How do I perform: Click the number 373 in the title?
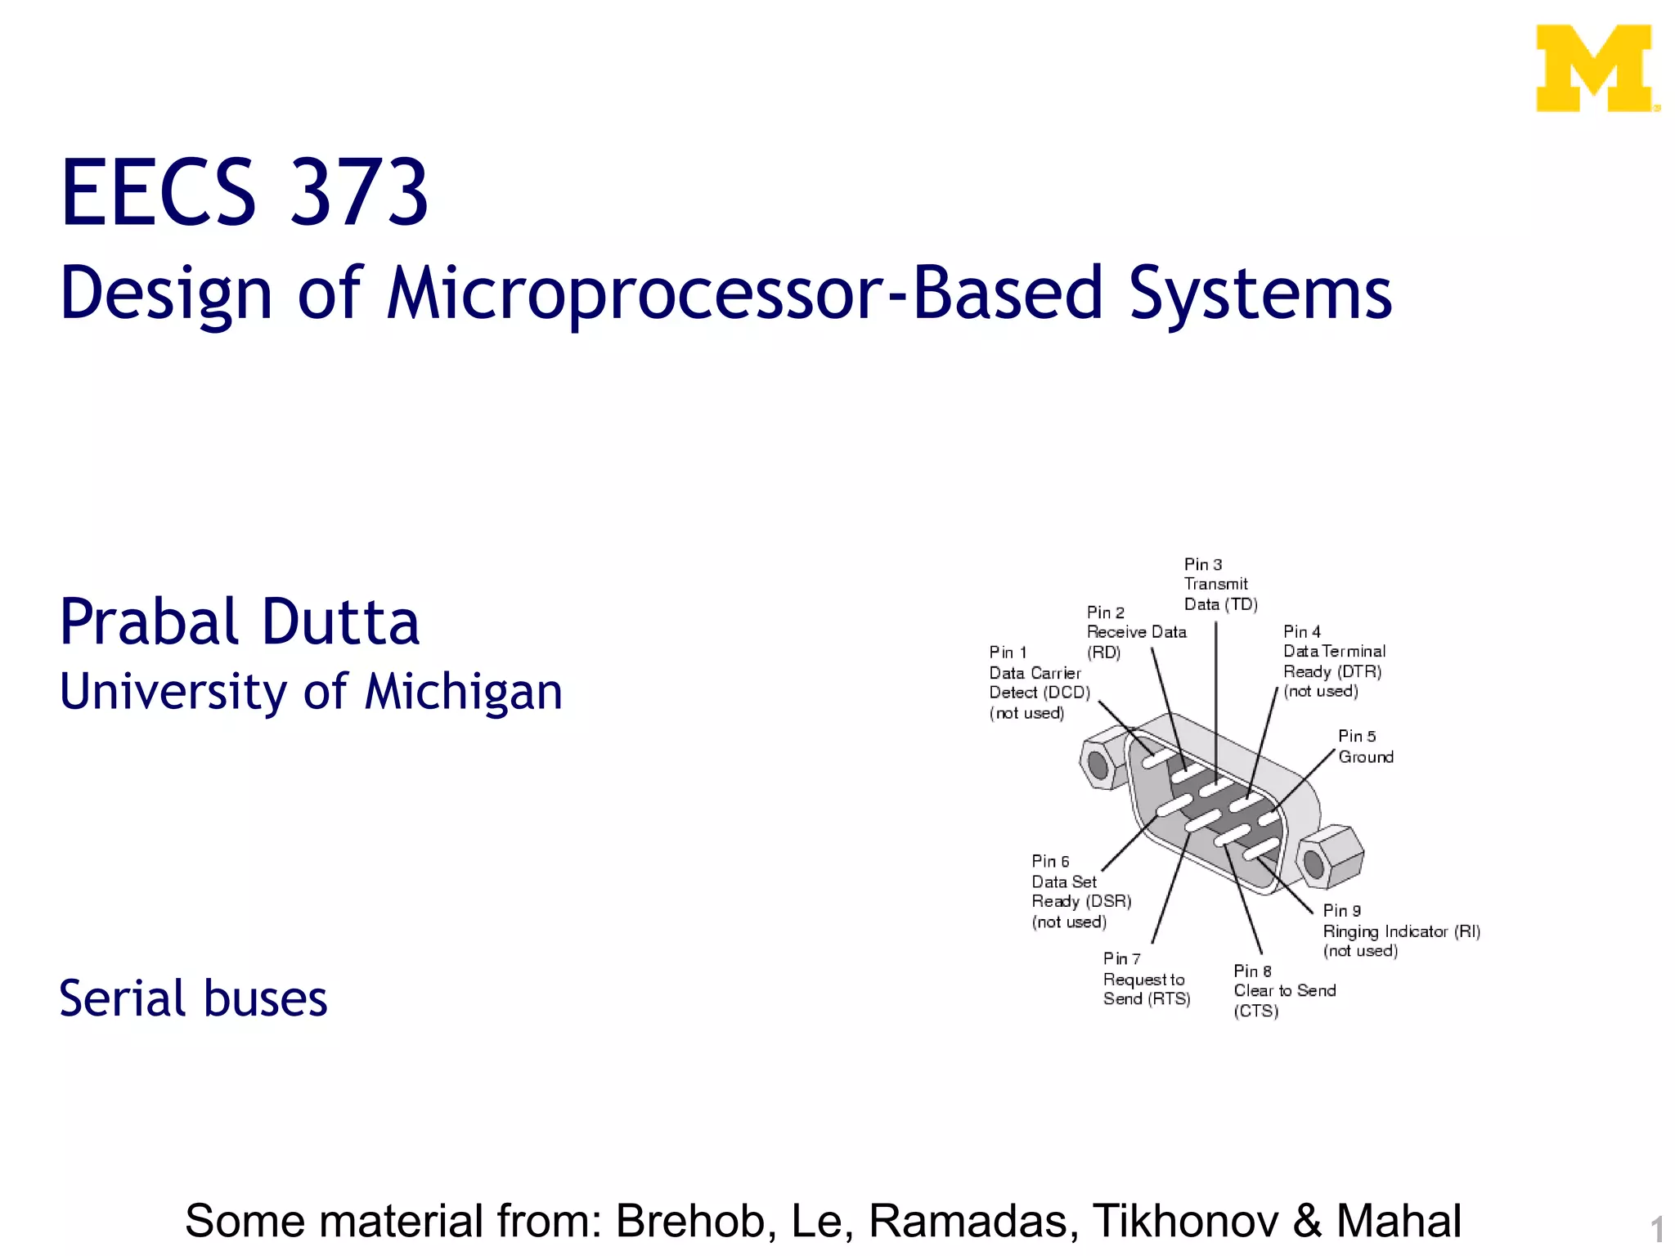click(x=359, y=193)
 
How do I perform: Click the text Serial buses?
click(x=193, y=998)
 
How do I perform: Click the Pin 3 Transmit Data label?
click(x=1219, y=585)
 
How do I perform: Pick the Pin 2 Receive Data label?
click(x=1135, y=632)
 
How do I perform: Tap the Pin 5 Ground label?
click(x=1364, y=747)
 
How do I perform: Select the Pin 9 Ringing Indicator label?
click(x=1400, y=931)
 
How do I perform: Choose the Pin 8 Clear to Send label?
click(x=1283, y=990)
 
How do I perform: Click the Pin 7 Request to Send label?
click(x=1145, y=979)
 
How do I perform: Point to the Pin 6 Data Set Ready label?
click(x=1080, y=891)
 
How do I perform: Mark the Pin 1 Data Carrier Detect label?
click(x=1038, y=683)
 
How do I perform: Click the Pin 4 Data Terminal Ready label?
click(x=1333, y=662)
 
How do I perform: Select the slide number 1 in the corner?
click(x=1656, y=1230)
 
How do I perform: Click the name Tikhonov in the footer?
click(x=1185, y=1221)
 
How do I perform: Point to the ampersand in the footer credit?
click(x=1307, y=1221)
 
